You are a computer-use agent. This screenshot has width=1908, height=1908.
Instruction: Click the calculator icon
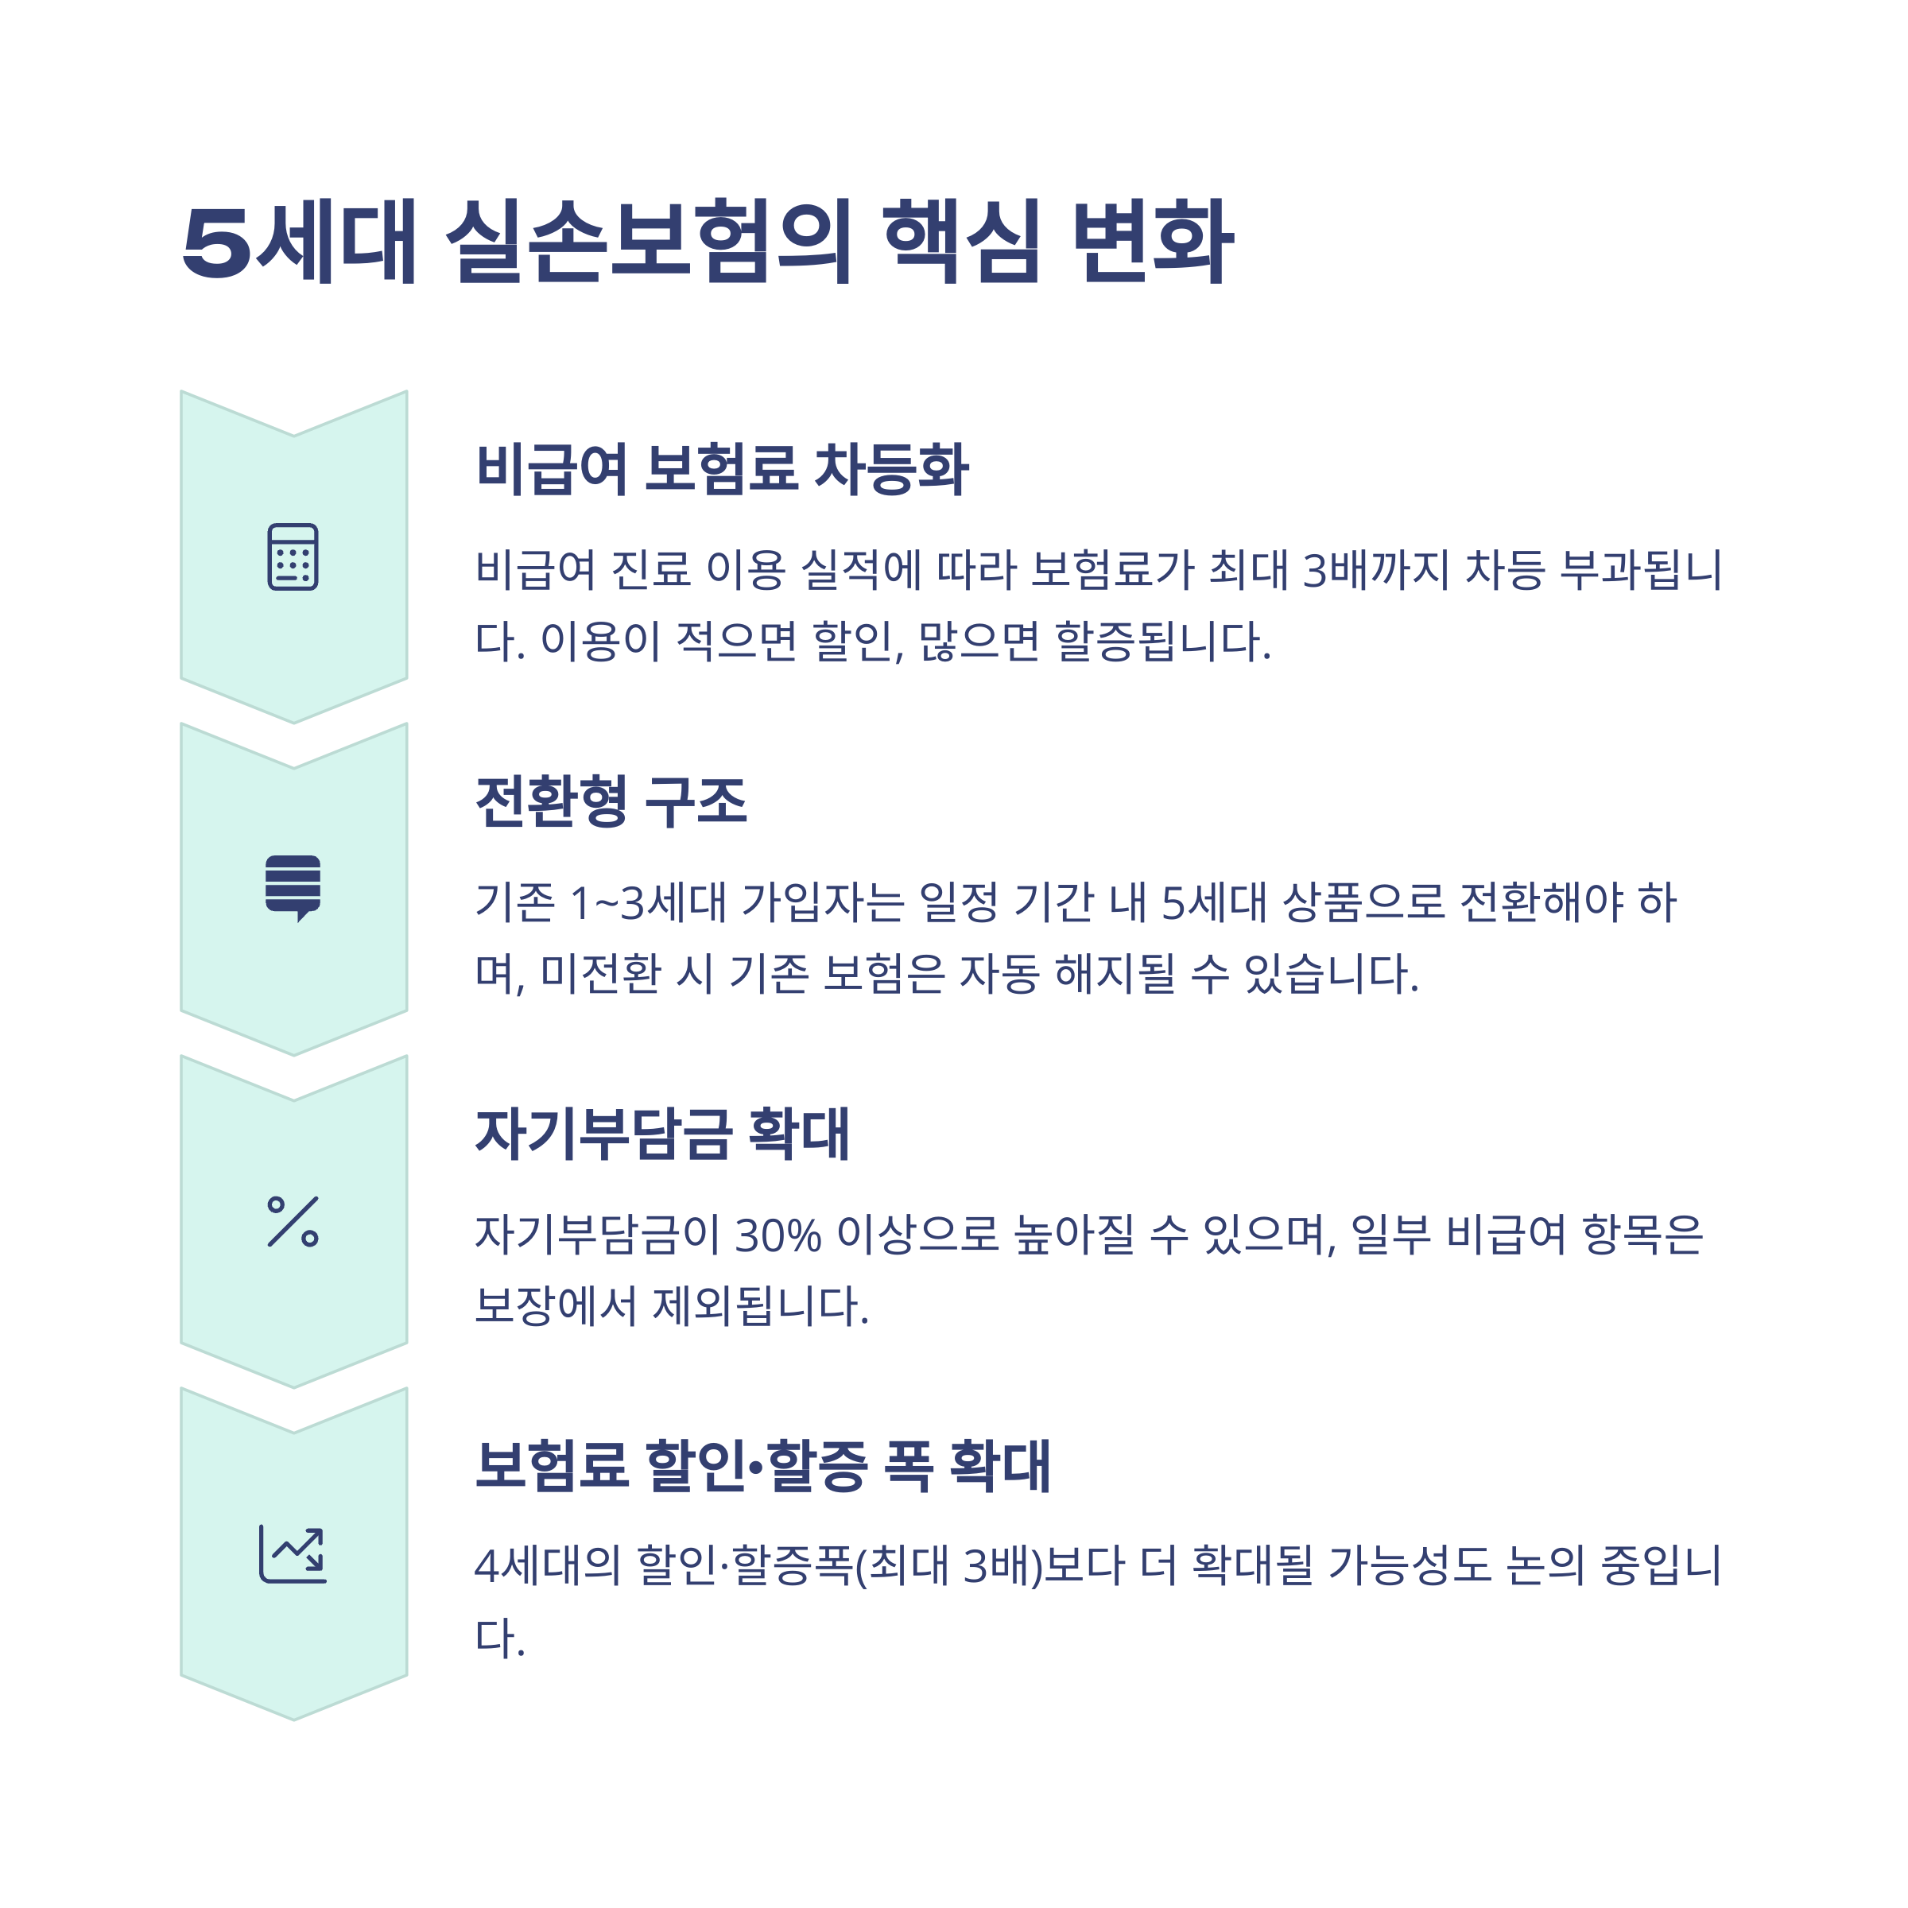point(293,557)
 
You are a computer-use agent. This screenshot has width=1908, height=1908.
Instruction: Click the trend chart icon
point(293,1554)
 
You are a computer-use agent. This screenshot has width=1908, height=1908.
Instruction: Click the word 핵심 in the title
point(961,241)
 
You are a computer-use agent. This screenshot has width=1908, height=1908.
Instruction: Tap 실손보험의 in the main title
point(648,241)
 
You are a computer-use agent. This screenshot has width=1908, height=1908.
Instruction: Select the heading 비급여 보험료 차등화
point(722,468)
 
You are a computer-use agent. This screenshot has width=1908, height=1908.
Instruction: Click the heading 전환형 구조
point(611,801)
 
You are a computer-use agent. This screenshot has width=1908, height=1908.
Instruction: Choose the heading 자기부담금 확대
point(661,1134)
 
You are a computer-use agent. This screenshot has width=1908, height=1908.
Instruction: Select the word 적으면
point(735,642)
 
